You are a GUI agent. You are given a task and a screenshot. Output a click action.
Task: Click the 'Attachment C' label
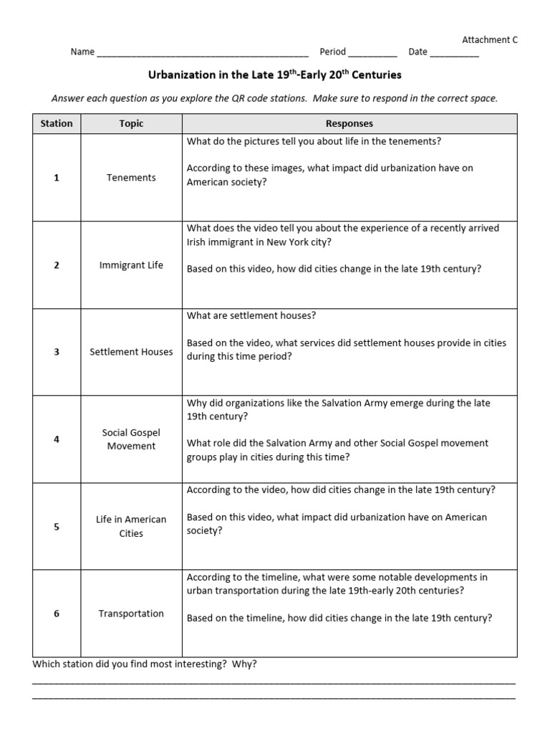489,40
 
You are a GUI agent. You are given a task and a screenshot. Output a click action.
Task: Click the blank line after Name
202,53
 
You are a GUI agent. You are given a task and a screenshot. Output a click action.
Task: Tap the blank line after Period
372,53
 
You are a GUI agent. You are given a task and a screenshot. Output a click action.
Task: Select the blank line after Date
455,53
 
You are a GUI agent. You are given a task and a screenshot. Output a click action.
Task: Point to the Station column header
57,123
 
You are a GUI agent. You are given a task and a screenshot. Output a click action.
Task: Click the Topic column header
131,123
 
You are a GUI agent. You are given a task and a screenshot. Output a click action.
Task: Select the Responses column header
349,123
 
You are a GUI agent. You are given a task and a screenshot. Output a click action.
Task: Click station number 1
57,178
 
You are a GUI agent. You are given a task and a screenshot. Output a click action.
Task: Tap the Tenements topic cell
131,178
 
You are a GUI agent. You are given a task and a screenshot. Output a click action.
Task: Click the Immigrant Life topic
131,265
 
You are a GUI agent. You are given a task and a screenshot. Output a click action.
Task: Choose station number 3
57,352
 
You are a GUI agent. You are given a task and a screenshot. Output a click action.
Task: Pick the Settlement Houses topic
131,352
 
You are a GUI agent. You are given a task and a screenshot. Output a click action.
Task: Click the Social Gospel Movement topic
131,439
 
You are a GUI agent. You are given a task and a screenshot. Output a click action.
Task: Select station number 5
57,526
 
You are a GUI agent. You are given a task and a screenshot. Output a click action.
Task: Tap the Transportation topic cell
131,614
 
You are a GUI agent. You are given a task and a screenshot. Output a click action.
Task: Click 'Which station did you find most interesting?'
144,664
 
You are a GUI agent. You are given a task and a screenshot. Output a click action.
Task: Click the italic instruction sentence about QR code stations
274,98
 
